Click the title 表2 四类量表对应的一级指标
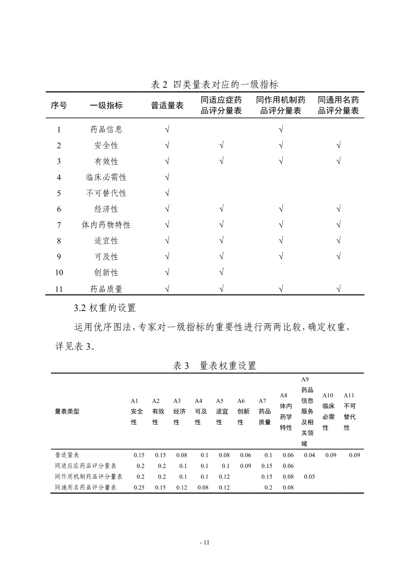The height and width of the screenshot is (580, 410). click(215, 84)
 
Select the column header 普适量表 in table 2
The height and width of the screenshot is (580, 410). click(167, 105)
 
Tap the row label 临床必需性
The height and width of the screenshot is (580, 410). click(106, 177)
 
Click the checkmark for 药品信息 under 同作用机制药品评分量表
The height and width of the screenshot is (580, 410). click(281, 129)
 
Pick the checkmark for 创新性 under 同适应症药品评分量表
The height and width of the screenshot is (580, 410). click(221, 272)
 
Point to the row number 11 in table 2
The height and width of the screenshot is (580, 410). click(59, 289)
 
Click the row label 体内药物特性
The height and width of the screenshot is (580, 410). click(106, 225)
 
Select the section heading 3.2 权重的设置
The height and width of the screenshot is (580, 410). click(105, 308)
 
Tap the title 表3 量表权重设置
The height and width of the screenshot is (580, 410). click(215, 366)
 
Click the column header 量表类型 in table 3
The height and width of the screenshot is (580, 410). click(67, 411)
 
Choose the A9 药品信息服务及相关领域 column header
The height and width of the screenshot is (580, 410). click(307, 411)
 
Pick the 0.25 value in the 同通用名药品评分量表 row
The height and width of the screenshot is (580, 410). click(139, 488)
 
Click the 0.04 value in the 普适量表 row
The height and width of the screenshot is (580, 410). click(309, 455)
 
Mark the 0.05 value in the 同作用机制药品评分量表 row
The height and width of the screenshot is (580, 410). click(309, 477)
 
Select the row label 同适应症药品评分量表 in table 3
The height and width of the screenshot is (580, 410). click(86, 466)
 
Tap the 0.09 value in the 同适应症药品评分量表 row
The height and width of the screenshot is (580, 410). click(245, 466)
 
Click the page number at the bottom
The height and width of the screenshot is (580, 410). click(205, 543)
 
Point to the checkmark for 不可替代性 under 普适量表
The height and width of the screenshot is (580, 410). click(167, 193)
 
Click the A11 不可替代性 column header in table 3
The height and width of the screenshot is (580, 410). click(349, 411)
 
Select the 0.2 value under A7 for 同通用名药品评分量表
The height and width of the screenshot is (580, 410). click(268, 488)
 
